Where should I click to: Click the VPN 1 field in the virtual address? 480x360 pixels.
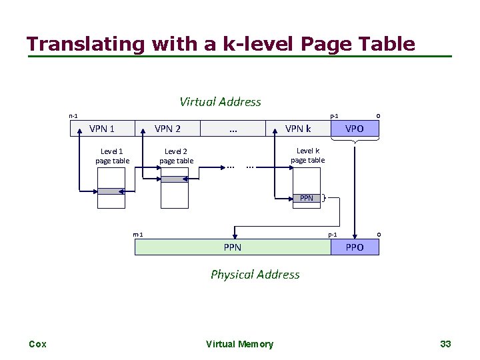(x=102, y=129)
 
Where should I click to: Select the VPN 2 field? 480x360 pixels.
(x=167, y=129)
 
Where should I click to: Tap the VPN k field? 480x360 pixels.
(x=298, y=129)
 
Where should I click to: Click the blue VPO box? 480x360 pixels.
(x=354, y=129)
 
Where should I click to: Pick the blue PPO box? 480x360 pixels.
(x=355, y=247)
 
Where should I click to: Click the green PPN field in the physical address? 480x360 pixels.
(x=233, y=247)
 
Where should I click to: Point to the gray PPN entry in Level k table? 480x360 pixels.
(x=306, y=198)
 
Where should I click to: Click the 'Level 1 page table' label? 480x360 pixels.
(x=112, y=156)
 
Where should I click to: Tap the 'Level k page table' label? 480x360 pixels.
(x=308, y=155)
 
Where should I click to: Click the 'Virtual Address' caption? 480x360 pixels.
(x=220, y=102)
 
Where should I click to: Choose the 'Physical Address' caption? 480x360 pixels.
(x=255, y=274)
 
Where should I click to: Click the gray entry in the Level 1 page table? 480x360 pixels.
(x=111, y=191)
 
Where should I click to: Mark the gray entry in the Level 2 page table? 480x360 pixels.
(x=176, y=179)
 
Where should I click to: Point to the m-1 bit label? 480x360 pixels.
(x=138, y=235)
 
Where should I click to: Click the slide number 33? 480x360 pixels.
(x=445, y=344)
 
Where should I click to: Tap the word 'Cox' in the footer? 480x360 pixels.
(x=37, y=344)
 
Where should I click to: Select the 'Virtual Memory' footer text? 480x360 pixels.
(x=239, y=344)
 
